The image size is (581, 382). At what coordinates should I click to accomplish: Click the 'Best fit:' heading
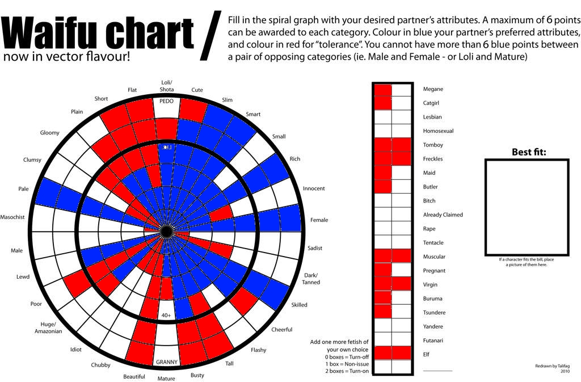[x=526, y=152]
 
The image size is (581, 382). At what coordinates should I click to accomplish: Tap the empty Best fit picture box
[x=526, y=207]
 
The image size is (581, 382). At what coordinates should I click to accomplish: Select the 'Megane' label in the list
[x=433, y=89]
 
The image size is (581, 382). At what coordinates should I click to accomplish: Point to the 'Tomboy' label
[x=433, y=145]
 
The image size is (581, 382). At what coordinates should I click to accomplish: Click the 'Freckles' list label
[x=433, y=159]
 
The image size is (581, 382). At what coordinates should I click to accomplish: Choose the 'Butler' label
[x=431, y=187]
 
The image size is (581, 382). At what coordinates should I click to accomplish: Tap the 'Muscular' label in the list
[x=434, y=257]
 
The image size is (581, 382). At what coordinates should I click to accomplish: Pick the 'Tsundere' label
[x=434, y=313]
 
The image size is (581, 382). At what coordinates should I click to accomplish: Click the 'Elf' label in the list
[x=426, y=354]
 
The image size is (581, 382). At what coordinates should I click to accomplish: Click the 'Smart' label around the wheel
[x=253, y=114]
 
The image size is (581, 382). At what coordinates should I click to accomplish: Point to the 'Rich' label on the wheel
[x=295, y=159]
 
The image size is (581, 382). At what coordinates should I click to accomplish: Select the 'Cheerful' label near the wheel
[x=282, y=330]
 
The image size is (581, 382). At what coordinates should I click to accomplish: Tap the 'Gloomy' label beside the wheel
[x=50, y=133]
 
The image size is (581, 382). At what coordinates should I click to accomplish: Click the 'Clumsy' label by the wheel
[x=32, y=159]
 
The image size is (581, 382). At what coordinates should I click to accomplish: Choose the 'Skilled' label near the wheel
[x=299, y=305]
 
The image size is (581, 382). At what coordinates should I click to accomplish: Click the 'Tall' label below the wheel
[x=229, y=364]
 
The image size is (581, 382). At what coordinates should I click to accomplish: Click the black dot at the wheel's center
[x=166, y=231]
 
